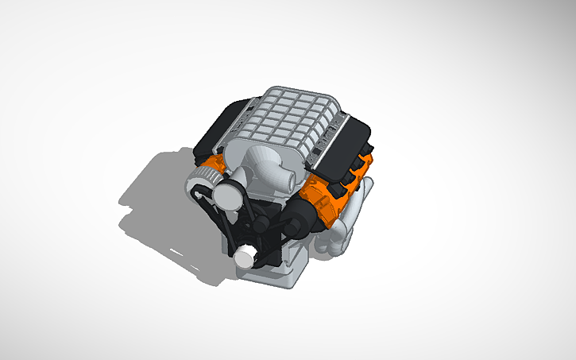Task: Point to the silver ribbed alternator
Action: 200,186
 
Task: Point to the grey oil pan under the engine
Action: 274,270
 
